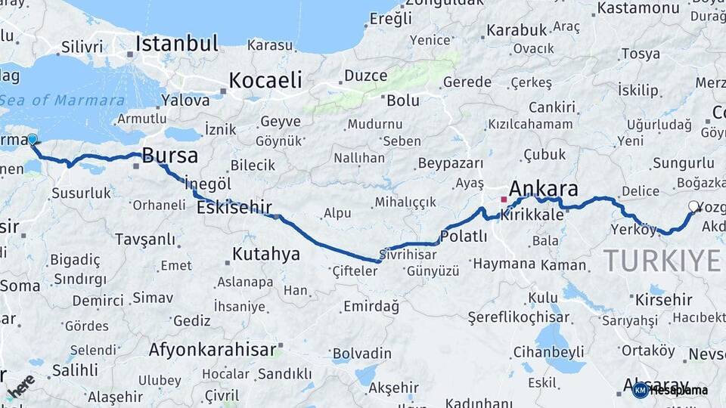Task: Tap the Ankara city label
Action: pos(544,189)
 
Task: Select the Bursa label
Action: pos(170,156)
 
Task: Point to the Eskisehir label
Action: pos(234,207)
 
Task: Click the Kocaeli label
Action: pos(265,80)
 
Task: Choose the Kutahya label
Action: pos(266,254)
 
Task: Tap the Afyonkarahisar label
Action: pos(212,350)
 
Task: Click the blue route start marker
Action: pos(33,139)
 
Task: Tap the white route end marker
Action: pos(694,206)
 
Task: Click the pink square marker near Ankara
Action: pos(504,199)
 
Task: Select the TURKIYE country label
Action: pos(662,261)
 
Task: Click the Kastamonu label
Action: pos(638,8)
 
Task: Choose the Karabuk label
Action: pos(517,30)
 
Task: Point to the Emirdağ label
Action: pos(371,306)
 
